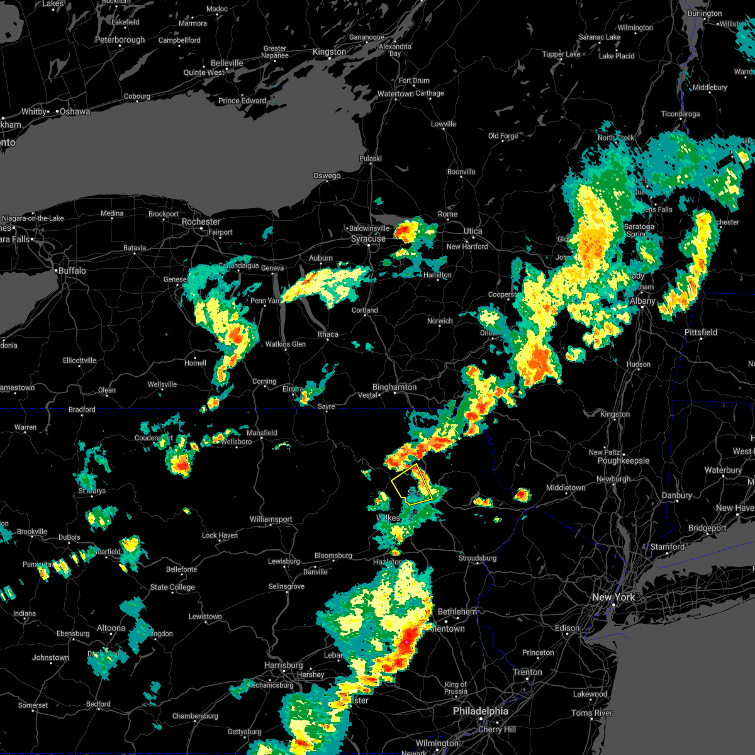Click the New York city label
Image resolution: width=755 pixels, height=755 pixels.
coord(613,597)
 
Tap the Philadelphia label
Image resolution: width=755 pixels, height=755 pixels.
coord(481,711)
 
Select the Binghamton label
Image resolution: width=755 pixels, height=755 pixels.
coord(394,387)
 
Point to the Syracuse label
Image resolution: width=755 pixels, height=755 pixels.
coord(368,239)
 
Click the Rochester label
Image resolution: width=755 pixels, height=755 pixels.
coord(201,221)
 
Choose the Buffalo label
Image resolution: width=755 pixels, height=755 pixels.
coord(71,271)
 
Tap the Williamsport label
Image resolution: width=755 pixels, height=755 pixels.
coord(271,519)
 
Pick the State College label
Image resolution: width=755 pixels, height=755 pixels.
coord(172,587)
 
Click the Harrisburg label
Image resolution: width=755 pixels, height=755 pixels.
coord(284,665)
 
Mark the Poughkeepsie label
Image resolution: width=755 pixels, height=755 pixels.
coord(624,461)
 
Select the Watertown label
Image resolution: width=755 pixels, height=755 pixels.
coord(396,94)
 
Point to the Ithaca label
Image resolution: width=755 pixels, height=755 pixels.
coord(328,334)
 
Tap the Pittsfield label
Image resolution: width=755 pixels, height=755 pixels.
coord(701,332)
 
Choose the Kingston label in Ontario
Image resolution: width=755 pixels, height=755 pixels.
coord(330,52)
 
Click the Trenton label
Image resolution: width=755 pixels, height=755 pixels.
coord(527,672)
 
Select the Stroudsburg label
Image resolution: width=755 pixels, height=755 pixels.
coord(478,558)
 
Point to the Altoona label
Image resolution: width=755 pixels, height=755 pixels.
coord(111,628)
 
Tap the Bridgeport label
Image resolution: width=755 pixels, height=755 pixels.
coord(708,528)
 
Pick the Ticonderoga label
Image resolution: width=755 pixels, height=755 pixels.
coord(680,114)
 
